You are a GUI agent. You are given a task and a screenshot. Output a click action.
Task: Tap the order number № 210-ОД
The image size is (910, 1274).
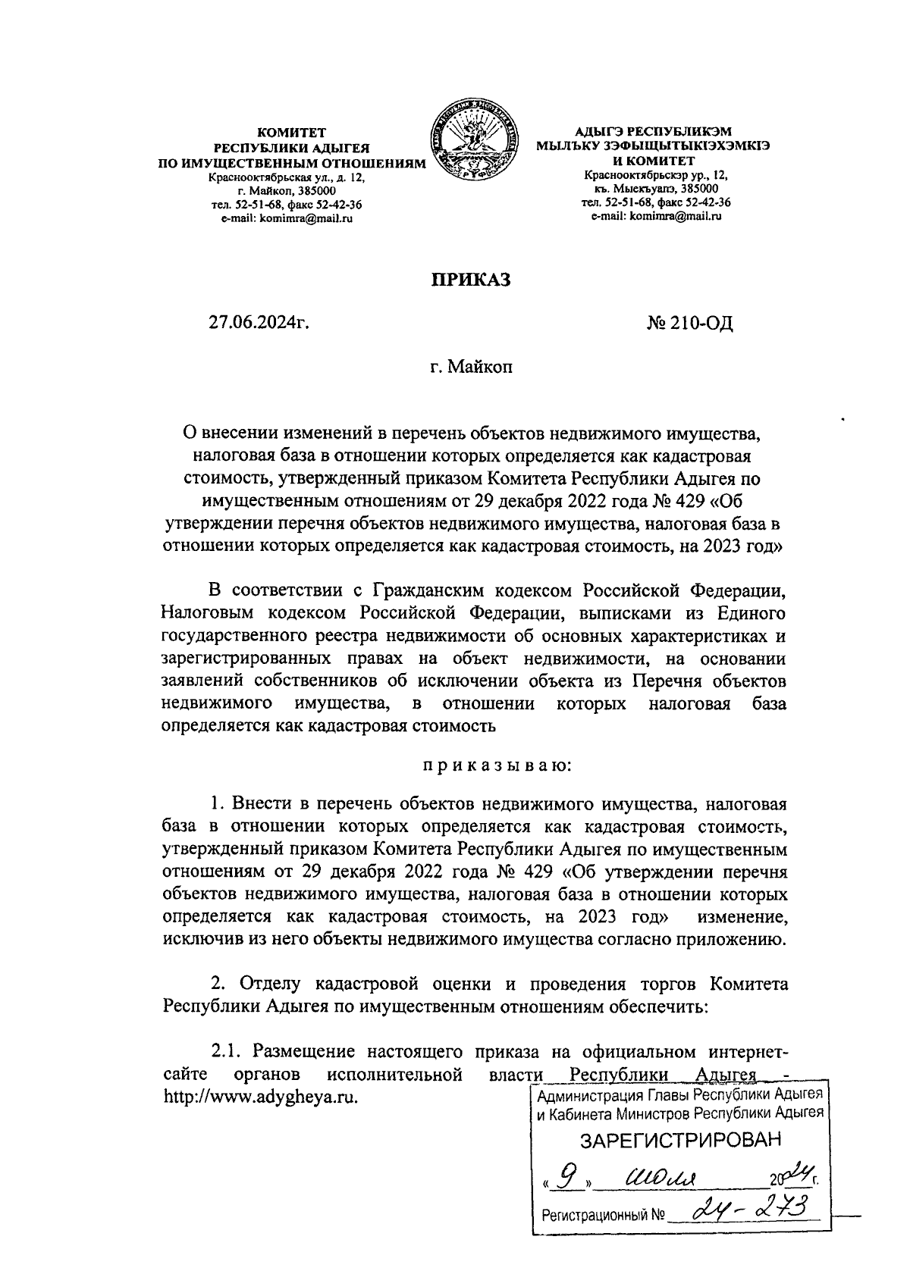click(x=690, y=325)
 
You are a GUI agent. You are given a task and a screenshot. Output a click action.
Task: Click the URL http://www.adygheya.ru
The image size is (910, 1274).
click(x=260, y=1097)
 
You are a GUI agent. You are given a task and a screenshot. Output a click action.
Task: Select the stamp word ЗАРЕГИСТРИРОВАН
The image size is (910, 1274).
click(x=679, y=1141)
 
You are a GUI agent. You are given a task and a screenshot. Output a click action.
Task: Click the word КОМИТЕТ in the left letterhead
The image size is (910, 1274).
click(x=291, y=132)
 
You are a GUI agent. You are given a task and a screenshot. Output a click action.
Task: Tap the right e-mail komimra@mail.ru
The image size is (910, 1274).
click(x=656, y=216)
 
